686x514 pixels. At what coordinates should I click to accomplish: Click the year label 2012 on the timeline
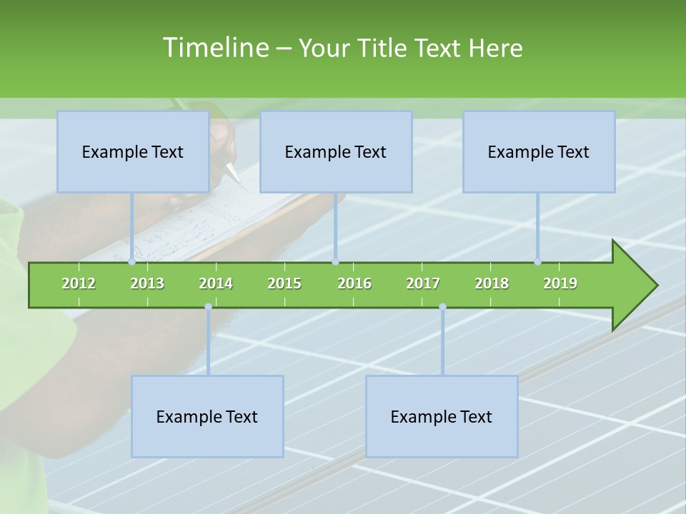[79, 283]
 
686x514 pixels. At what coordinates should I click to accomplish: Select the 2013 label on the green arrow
[147, 283]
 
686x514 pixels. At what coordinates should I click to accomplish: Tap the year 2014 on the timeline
[216, 283]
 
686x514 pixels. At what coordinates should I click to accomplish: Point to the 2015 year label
[284, 283]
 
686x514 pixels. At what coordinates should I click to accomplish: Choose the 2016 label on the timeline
[354, 283]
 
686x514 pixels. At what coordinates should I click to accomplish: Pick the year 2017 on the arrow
[423, 283]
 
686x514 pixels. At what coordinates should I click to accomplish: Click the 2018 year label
[492, 283]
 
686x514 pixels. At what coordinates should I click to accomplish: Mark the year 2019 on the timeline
[560, 283]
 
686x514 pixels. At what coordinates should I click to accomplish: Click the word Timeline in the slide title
[214, 48]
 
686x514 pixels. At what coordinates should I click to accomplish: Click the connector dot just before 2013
[132, 262]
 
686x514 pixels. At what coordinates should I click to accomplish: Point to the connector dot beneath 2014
[208, 307]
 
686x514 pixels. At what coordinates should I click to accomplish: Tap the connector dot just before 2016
[335, 262]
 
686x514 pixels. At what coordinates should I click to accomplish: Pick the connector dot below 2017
[442, 307]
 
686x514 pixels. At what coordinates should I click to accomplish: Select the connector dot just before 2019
[538, 262]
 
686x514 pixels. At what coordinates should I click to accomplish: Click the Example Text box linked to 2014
[207, 416]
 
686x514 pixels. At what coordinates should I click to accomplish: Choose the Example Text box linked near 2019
[539, 151]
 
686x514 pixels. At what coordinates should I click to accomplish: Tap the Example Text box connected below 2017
[442, 416]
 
